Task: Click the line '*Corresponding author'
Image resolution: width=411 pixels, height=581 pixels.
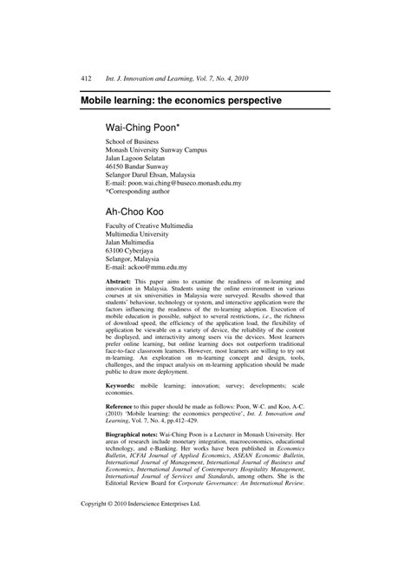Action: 144,193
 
